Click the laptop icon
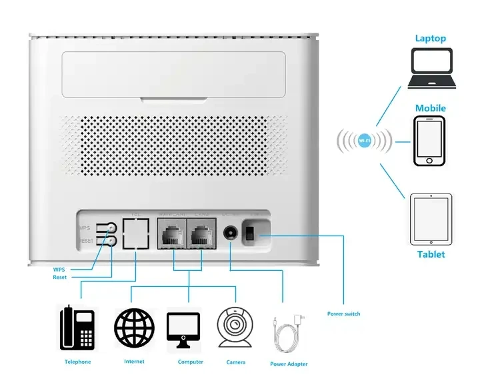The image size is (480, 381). pyautogui.click(x=433, y=68)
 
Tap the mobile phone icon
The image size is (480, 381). pyautogui.click(x=429, y=141)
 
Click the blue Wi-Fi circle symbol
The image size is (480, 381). pyautogui.click(x=365, y=141)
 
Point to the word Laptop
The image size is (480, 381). pyautogui.click(x=431, y=39)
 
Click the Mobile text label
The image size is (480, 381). pyautogui.click(x=430, y=108)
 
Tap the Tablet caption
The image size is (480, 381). pyautogui.click(x=431, y=254)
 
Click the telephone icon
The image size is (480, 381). pyautogui.click(x=77, y=328)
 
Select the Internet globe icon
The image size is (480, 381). pyautogui.click(x=134, y=328)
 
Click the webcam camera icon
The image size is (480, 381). pyautogui.click(x=235, y=328)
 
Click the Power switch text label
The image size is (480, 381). pyautogui.click(x=343, y=314)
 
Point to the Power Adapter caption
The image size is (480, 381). pyautogui.click(x=289, y=364)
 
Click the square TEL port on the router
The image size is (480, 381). pyautogui.click(x=137, y=234)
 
